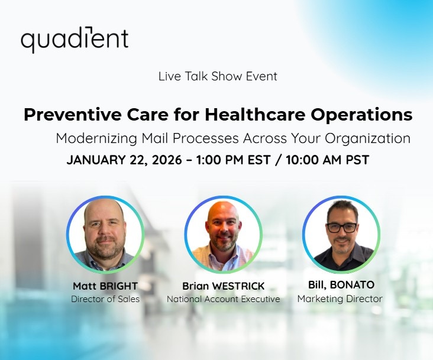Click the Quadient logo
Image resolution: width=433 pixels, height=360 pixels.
tap(75, 40)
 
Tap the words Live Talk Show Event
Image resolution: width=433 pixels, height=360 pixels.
tap(218, 76)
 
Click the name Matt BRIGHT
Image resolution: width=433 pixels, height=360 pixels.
tap(105, 286)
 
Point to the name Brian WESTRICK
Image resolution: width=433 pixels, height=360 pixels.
tap(223, 286)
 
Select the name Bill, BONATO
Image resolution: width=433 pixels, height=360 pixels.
tap(341, 285)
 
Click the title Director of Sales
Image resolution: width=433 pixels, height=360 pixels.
tap(105, 299)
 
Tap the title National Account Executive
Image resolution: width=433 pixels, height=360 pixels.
tap(223, 299)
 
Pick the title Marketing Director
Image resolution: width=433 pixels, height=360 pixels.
tap(340, 299)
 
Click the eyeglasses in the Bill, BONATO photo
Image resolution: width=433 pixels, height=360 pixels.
tap(341, 227)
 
